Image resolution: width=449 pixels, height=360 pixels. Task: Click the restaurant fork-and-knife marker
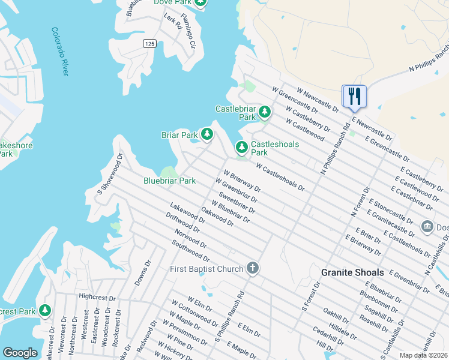(x=354, y=95)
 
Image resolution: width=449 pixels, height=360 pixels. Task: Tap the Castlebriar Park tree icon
(x=264, y=112)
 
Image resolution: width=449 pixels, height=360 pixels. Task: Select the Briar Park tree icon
(x=207, y=134)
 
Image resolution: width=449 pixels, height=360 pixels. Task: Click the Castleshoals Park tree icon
(x=241, y=147)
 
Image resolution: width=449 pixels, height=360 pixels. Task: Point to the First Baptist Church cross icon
(x=253, y=268)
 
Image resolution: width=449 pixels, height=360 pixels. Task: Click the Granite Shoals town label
(x=352, y=272)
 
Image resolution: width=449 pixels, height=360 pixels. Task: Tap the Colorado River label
(x=60, y=51)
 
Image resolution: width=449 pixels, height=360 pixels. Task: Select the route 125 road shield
(x=149, y=43)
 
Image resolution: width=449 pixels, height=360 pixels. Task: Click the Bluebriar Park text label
(x=169, y=181)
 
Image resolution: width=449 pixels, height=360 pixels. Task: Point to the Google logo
(x=20, y=353)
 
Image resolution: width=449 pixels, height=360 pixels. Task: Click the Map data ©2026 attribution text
(x=423, y=355)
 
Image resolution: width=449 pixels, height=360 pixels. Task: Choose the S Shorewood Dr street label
(x=110, y=174)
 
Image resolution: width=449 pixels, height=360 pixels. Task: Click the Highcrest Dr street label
(x=95, y=296)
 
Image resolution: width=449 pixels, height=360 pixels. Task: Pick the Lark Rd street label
(x=173, y=22)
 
